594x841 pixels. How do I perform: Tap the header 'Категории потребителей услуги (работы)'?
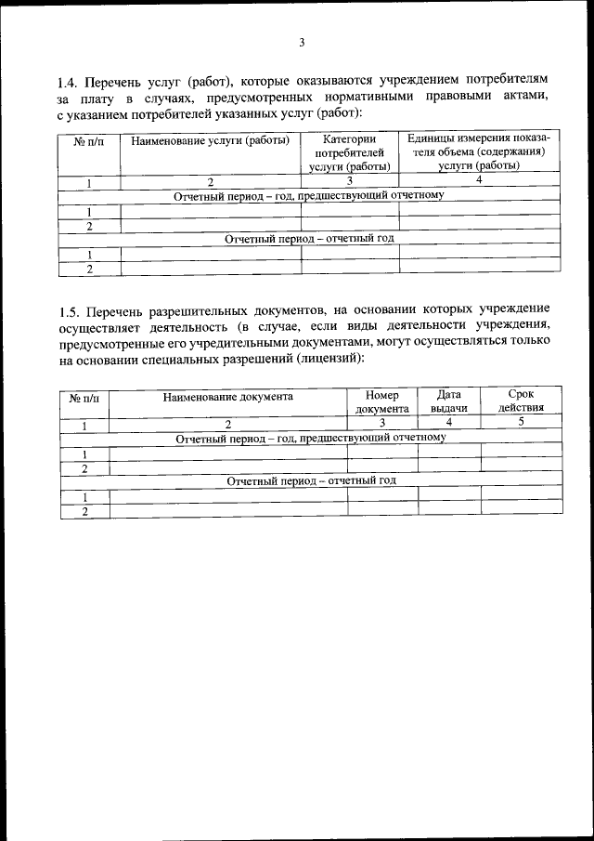(349, 152)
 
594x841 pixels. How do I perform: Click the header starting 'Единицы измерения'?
(479, 151)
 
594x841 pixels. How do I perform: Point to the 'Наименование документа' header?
(227, 396)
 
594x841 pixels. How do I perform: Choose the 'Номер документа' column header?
(381, 401)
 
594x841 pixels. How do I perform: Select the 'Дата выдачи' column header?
(448, 401)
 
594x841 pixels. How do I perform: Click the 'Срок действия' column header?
(521, 401)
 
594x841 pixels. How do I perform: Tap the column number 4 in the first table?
(478, 181)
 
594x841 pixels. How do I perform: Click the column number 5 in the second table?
(521, 423)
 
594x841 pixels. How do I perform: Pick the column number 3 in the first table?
(349, 181)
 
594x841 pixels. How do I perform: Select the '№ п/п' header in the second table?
(84, 397)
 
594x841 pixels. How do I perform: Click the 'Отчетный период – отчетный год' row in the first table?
(309, 238)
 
